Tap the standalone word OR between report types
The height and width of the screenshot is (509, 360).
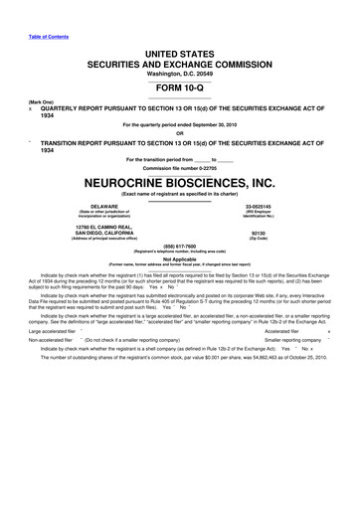click(x=180, y=134)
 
